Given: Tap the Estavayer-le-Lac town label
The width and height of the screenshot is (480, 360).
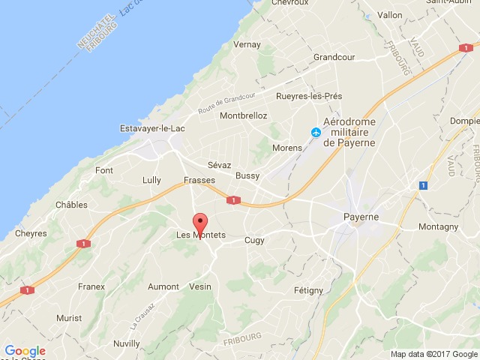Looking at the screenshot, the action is (153, 128).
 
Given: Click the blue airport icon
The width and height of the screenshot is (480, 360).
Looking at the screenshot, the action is (315, 133).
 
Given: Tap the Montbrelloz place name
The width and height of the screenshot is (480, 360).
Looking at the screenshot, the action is (244, 115).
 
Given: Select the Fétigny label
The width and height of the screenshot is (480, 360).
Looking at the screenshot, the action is (308, 289).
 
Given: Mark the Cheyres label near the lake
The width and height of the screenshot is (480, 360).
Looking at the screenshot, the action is (30, 233).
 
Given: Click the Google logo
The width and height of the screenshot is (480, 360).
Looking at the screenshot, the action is (25, 351).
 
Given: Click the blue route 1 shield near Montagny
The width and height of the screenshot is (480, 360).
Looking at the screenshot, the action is (424, 184).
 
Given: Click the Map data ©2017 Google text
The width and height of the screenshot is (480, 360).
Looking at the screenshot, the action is (433, 354).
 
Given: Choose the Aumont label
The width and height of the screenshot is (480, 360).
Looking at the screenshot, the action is (163, 286).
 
